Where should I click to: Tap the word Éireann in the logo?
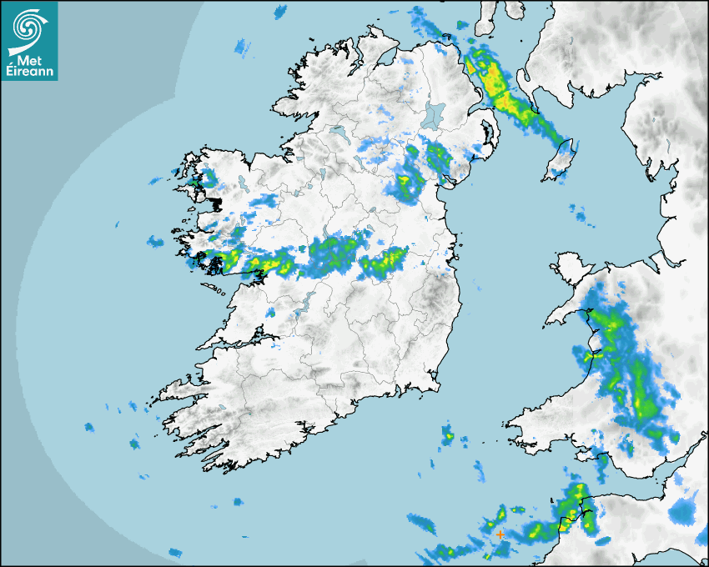(x=30, y=73)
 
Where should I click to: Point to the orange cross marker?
(x=500, y=534)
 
